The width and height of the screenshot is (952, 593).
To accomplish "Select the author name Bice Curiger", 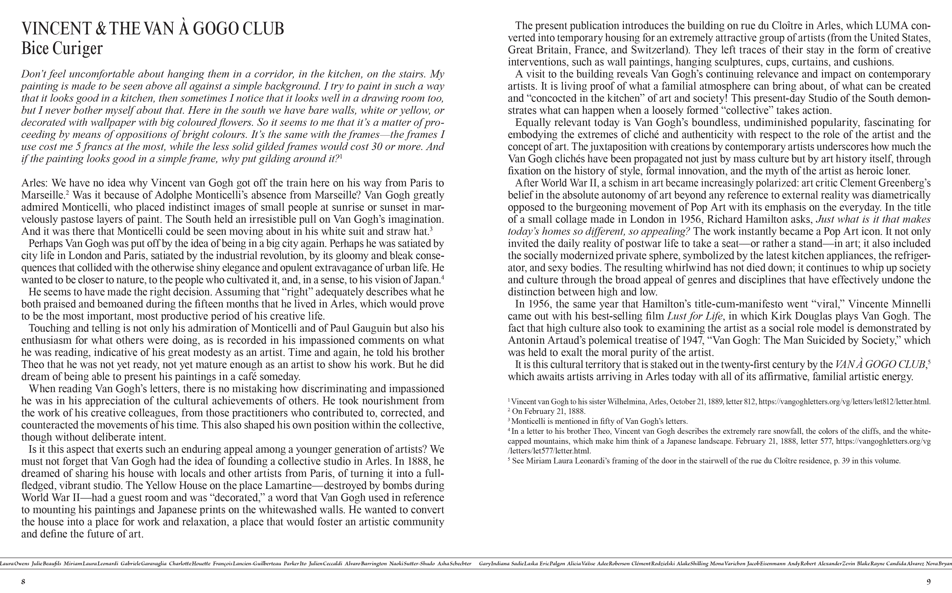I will pyautogui.click(x=62, y=49).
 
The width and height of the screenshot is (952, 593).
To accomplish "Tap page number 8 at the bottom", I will pyautogui.click(x=23, y=582).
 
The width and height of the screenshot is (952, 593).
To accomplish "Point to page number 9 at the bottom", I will pyautogui.click(x=929, y=582).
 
